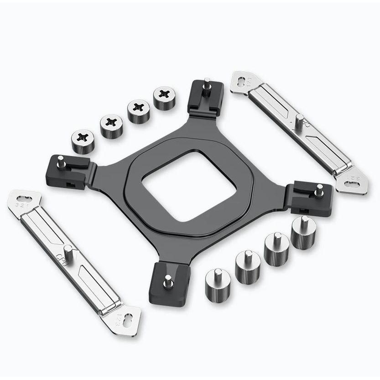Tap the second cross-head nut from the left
coord(110,124)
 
